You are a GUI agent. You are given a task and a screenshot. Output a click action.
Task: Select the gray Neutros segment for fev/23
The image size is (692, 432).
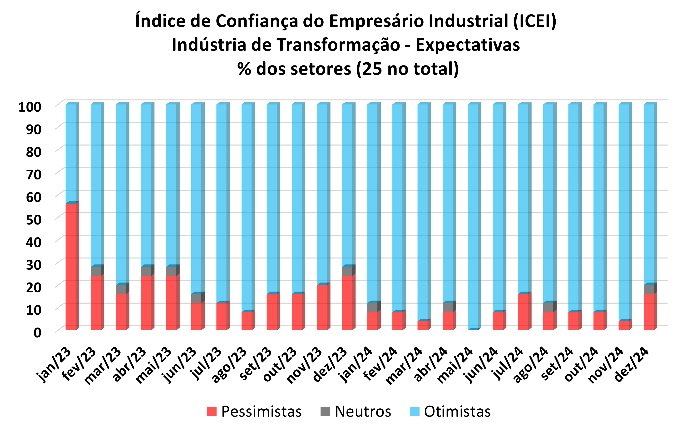pyautogui.click(x=96, y=271)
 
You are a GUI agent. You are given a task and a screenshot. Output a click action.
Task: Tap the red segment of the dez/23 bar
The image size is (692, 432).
pyautogui.click(x=347, y=303)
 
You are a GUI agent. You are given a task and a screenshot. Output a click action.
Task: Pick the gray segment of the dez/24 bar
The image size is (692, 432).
pyautogui.click(x=649, y=289)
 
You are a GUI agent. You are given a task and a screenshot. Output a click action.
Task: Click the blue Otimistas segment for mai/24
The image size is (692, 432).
pyautogui.click(x=473, y=217)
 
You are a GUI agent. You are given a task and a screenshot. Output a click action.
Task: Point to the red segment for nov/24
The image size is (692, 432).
pyautogui.click(x=623, y=325)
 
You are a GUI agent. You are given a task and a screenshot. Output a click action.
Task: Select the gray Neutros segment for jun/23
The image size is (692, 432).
pyautogui.click(x=196, y=298)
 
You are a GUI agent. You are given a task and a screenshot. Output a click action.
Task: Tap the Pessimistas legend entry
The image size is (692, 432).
pyautogui.click(x=254, y=412)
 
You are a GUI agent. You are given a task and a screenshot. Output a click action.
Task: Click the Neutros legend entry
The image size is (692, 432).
pyautogui.click(x=356, y=412)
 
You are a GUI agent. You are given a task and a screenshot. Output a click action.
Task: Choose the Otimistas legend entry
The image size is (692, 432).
pyautogui.click(x=450, y=412)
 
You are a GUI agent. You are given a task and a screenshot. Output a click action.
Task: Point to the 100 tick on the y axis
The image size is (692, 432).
pyautogui.click(x=30, y=107)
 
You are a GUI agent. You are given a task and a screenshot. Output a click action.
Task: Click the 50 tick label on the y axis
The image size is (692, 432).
pyautogui.click(x=34, y=220)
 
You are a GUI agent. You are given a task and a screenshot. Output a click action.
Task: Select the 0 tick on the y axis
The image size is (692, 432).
pyautogui.click(x=37, y=333)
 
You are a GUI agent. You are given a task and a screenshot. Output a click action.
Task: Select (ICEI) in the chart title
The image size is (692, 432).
pyautogui.click(x=535, y=21)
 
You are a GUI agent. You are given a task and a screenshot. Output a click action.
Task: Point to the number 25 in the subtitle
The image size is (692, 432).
pyautogui.click(x=372, y=69)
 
